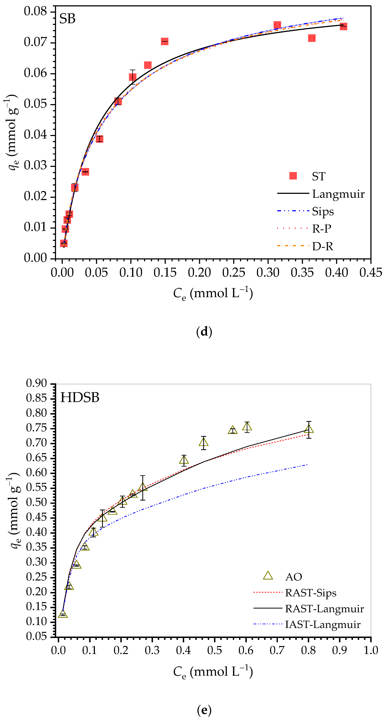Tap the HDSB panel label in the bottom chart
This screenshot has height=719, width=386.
(80, 398)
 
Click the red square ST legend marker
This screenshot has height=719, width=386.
(293, 176)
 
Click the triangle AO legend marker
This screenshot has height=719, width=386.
(268, 576)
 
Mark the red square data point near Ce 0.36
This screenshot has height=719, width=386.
(312, 38)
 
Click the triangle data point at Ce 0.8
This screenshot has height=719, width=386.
(309, 429)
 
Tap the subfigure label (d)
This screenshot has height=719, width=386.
(204, 332)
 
